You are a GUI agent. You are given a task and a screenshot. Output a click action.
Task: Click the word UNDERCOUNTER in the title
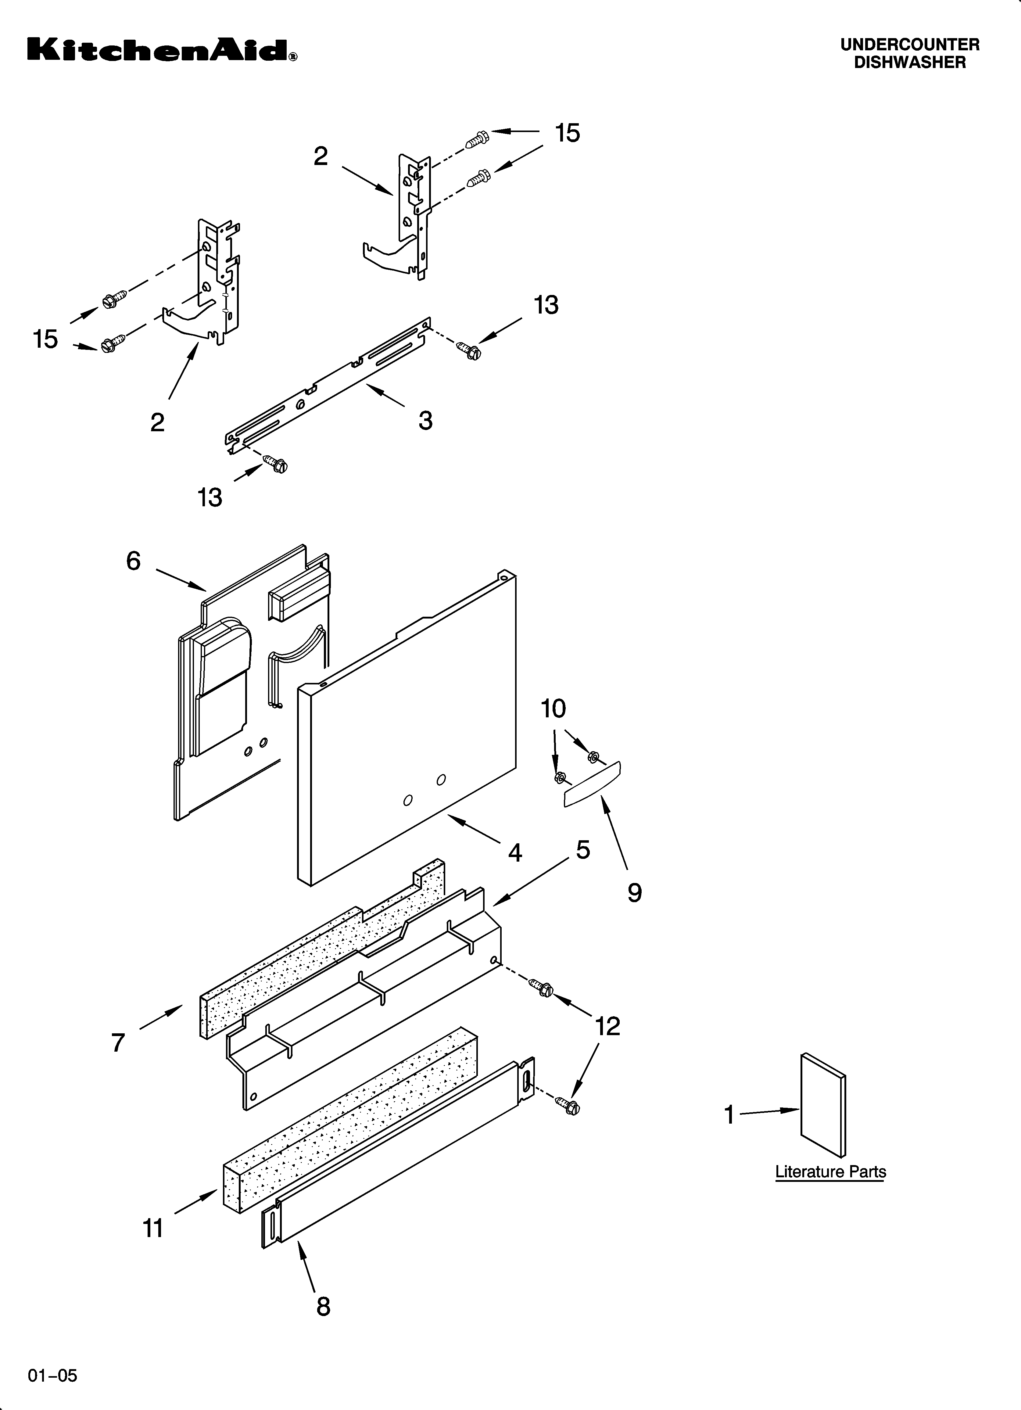(910, 45)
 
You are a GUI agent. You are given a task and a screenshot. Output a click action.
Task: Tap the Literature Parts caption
(830, 1172)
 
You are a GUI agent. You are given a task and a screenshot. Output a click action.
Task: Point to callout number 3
(425, 421)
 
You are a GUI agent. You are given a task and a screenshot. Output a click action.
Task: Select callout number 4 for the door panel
(515, 852)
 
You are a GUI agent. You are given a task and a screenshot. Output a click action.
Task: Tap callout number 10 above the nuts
(553, 709)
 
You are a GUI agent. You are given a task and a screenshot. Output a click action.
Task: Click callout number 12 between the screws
(607, 1026)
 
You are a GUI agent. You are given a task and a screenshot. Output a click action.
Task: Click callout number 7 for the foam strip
(118, 1042)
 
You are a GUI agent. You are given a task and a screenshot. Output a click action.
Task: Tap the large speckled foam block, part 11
(348, 1119)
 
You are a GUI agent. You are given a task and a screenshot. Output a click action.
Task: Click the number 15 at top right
(567, 133)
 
